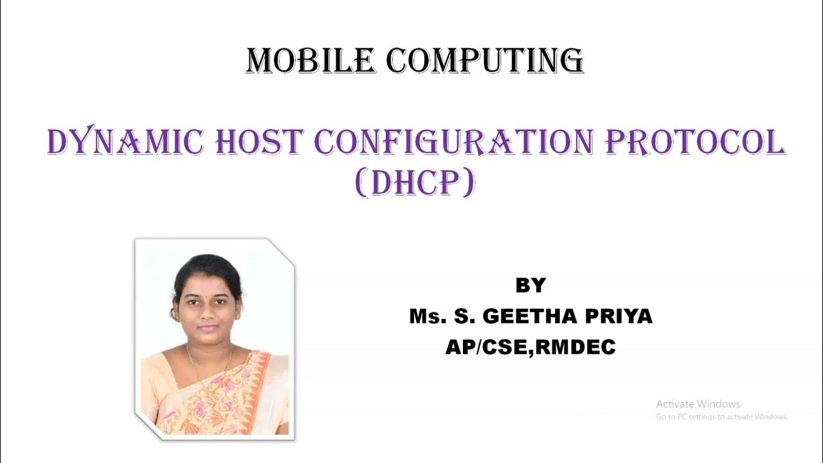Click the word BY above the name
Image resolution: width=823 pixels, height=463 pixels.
tap(530, 286)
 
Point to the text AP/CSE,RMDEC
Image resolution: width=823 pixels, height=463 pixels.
tap(530, 348)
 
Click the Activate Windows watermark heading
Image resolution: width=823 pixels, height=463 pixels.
tap(698, 404)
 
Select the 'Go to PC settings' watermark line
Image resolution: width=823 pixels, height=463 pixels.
tap(721, 417)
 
